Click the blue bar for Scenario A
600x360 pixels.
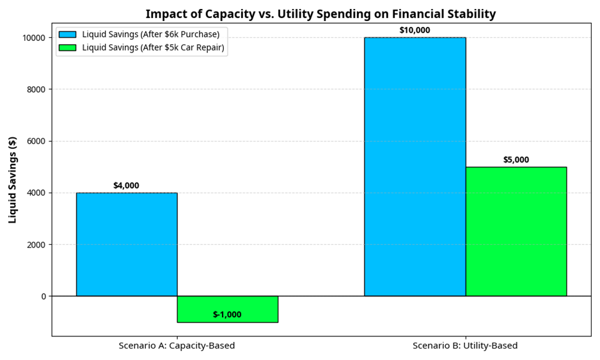point(127,244)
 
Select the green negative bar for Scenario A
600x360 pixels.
point(227,309)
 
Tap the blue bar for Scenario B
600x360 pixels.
point(414,166)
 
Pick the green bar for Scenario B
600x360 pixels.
point(516,231)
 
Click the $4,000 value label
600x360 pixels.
point(126,186)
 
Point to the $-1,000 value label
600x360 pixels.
point(227,315)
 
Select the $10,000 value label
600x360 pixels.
point(414,30)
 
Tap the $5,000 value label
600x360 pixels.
point(516,160)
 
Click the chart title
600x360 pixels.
point(320,13)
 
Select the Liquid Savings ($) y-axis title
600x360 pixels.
point(12,179)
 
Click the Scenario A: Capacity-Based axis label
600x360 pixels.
point(177,346)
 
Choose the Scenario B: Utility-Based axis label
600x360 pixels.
point(465,346)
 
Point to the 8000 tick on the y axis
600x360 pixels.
point(36,90)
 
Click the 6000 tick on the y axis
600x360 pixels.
point(36,141)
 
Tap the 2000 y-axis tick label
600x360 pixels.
point(36,244)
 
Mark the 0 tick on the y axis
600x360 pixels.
point(43,296)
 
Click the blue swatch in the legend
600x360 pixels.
point(67,35)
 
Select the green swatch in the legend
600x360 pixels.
point(67,47)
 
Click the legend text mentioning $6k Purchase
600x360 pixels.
point(152,35)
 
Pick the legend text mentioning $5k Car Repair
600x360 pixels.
point(154,47)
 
